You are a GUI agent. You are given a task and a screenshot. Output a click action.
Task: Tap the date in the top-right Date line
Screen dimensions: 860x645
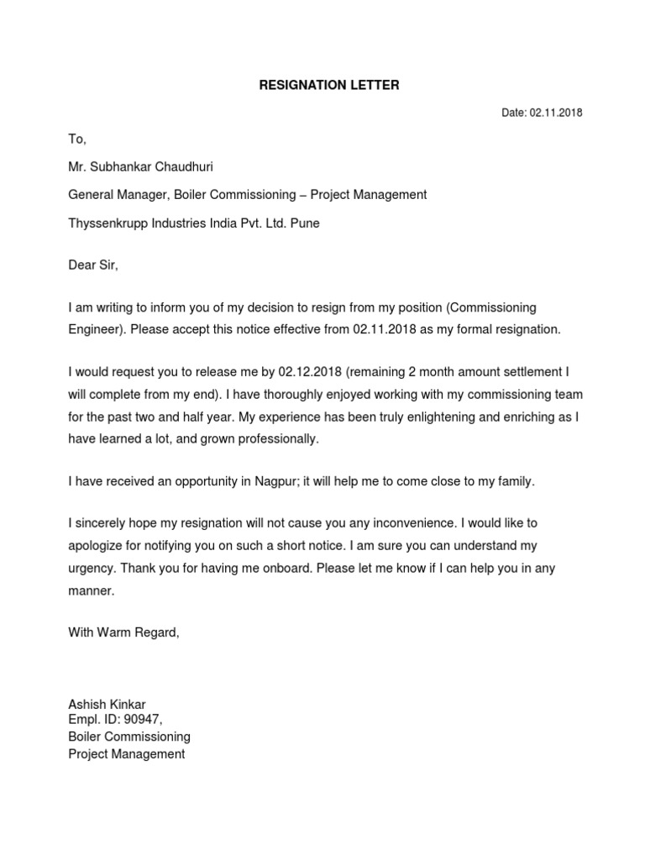(x=555, y=113)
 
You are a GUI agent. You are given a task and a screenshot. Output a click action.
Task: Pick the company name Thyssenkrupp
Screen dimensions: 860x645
(x=107, y=223)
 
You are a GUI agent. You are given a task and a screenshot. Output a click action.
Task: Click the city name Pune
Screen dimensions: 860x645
(x=305, y=223)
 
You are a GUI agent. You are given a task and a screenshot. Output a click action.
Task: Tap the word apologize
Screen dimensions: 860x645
(x=97, y=545)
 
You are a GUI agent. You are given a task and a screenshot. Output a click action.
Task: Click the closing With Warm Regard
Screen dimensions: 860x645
(x=123, y=632)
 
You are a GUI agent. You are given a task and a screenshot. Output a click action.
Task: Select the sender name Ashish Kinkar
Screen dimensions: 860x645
(x=113, y=704)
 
